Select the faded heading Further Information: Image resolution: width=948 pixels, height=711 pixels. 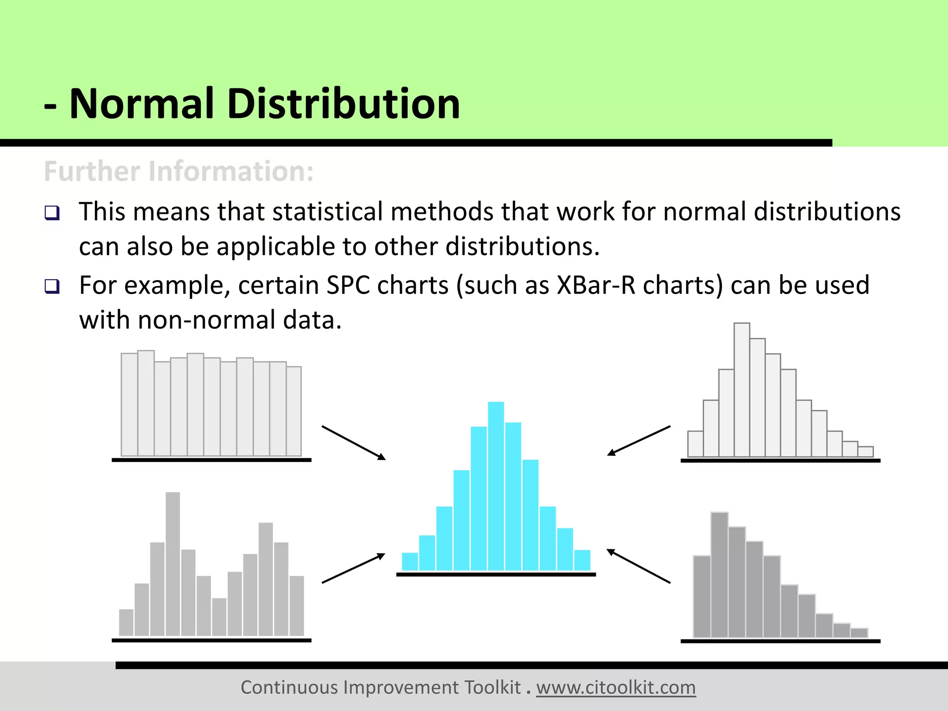click(179, 171)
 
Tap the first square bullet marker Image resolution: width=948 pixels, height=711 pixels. click(52, 213)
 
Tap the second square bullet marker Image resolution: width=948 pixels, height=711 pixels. click(52, 287)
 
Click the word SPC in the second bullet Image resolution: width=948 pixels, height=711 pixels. click(348, 286)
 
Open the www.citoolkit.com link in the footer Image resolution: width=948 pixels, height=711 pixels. click(616, 687)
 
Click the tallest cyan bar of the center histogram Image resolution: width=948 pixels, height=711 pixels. click(496, 486)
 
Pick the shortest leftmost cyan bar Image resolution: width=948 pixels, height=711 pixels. click(410, 561)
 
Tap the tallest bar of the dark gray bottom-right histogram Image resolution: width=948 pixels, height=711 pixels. click(719, 574)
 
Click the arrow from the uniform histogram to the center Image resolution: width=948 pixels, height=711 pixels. click(354, 443)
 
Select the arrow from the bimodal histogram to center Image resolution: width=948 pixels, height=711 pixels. click(354, 568)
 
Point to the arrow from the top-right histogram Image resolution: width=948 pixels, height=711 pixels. click(639, 441)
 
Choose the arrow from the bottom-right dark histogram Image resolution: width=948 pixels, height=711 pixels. click(639, 566)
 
